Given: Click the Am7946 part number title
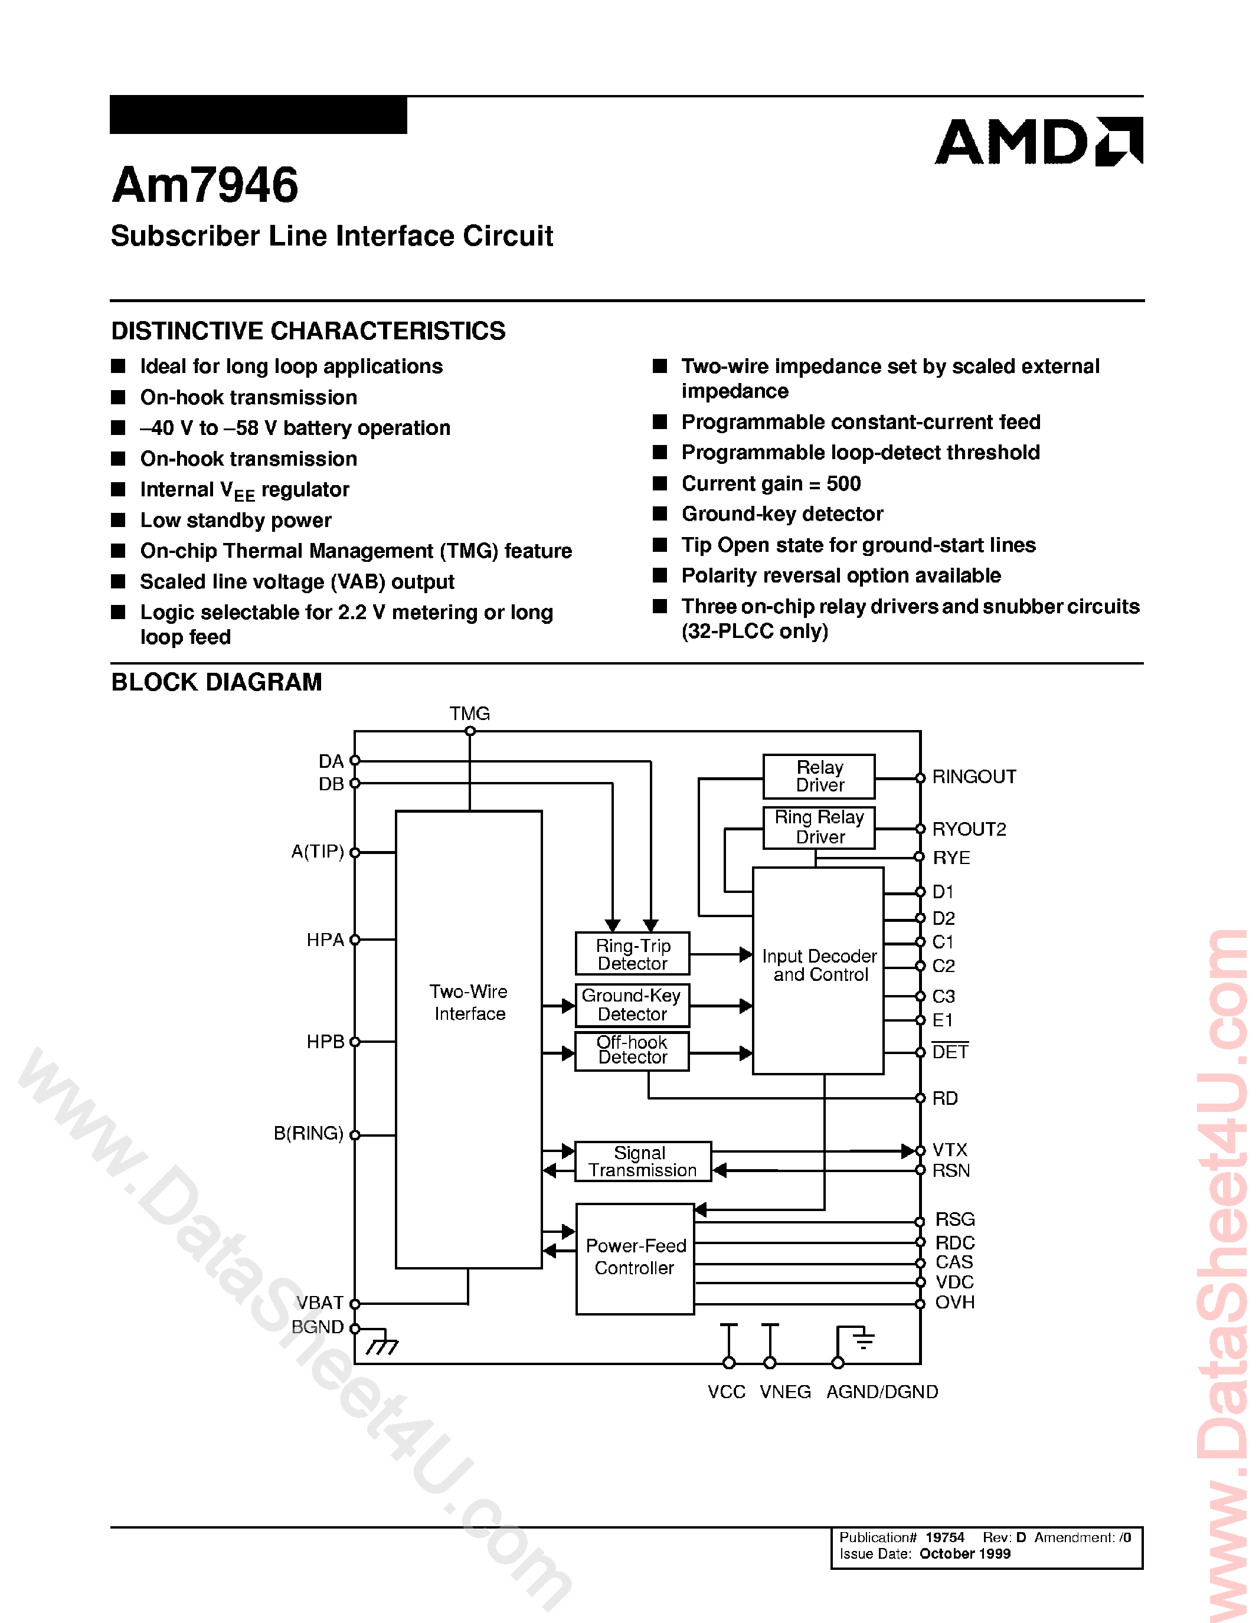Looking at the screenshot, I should point(205,185).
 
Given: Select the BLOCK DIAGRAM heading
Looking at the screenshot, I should point(216,682).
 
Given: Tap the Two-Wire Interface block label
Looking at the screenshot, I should point(469,1003).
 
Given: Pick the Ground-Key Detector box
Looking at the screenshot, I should point(633,1004).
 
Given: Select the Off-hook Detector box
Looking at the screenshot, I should point(633,1050).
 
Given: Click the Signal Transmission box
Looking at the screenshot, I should point(643,1161).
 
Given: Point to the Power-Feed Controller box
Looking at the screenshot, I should point(635,1256).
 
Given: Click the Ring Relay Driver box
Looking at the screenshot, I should point(819,827).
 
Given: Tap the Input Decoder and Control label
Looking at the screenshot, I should point(819,966).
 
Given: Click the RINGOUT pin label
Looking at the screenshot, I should point(973,777).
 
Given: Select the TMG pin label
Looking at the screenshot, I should point(470,714).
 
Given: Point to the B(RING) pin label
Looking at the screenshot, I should point(309,1133).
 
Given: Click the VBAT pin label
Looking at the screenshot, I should point(321,1303).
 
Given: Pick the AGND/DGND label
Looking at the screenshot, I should point(882,1392).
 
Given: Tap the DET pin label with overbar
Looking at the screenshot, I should point(950,1052).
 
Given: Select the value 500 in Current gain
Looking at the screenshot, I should point(843,484).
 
